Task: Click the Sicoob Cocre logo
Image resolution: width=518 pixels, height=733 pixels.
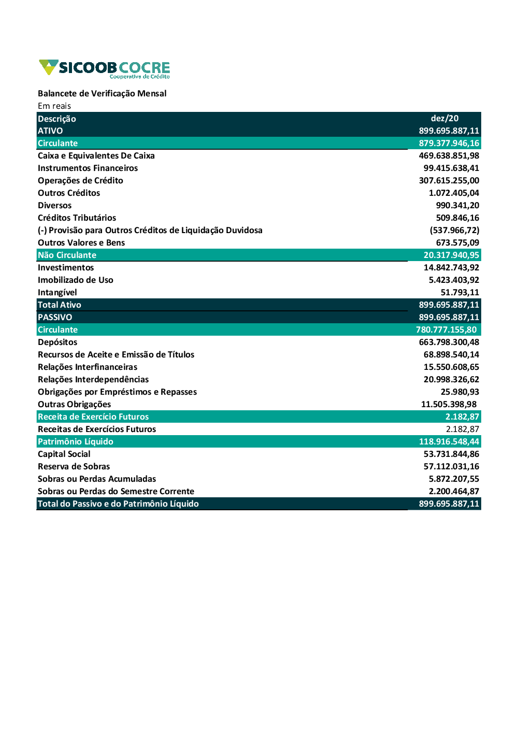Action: [x=104, y=69]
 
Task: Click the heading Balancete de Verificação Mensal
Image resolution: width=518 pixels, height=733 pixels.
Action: [x=102, y=93]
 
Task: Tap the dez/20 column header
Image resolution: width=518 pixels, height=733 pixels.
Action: [x=444, y=118]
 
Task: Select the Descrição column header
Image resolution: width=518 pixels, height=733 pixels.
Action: [x=57, y=119]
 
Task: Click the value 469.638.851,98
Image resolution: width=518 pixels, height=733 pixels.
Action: [x=449, y=155]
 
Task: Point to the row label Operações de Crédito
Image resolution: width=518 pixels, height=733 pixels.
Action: [x=80, y=180]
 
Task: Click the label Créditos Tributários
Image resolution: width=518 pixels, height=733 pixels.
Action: [x=77, y=218]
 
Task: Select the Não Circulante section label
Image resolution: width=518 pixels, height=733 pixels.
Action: [x=67, y=255]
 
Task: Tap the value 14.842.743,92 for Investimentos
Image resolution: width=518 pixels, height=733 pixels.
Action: [x=451, y=267]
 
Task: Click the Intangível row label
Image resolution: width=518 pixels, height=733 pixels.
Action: [x=57, y=292]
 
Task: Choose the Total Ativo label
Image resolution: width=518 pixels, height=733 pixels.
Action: [x=60, y=305]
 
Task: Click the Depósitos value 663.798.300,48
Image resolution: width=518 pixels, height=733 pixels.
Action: [x=449, y=342]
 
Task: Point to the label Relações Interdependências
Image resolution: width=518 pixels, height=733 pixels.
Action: [x=93, y=379]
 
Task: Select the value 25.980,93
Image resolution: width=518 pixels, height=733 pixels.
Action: [x=459, y=392]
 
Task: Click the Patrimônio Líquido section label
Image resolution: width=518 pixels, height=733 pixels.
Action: [x=76, y=441]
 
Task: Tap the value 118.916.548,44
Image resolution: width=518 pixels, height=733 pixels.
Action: [x=449, y=441]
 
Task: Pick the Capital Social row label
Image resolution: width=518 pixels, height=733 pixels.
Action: [x=64, y=454]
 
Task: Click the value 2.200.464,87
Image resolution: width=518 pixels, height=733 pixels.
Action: [x=454, y=491]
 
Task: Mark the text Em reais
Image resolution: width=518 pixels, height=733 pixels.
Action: [x=54, y=106]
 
